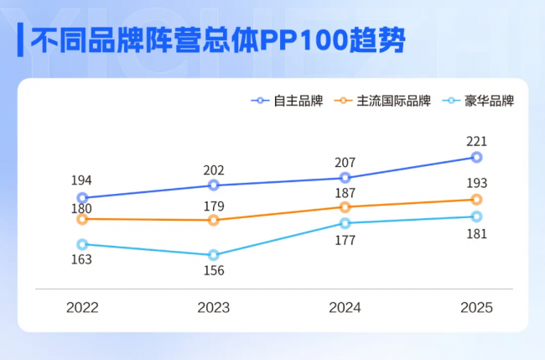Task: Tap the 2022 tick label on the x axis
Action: (82, 307)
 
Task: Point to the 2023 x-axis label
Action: (213, 307)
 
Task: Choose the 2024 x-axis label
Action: (345, 307)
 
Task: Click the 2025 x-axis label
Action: (476, 307)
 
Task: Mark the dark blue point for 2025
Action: (476, 157)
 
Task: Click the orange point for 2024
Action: (345, 206)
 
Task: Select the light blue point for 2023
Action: (213, 255)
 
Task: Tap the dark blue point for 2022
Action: (82, 198)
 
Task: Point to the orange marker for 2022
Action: (82, 219)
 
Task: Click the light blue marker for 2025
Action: (476, 217)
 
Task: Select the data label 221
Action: (476, 141)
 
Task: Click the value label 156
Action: (213, 271)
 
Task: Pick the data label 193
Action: (476, 183)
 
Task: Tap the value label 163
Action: (82, 260)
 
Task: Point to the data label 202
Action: (213, 170)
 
